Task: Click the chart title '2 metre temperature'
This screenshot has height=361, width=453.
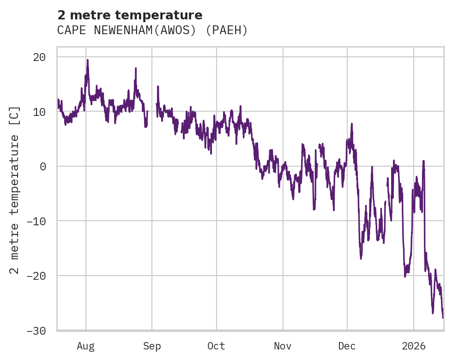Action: (130, 15)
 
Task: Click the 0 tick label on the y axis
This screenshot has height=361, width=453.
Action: (43, 166)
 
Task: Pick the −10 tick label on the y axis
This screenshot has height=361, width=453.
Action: (36, 221)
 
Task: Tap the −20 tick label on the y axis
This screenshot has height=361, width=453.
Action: (36, 276)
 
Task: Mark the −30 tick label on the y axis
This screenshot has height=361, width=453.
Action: (36, 331)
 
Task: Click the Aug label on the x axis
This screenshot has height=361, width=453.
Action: (86, 346)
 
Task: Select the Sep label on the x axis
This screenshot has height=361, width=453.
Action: (152, 346)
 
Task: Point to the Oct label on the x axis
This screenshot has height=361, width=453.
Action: (216, 346)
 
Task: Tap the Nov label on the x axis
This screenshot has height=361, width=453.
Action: (283, 346)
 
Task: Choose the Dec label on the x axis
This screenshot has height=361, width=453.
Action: (347, 346)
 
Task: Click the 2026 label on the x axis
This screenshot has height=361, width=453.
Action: (414, 346)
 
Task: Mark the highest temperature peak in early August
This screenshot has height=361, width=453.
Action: (87, 60)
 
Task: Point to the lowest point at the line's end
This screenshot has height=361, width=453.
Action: (442, 318)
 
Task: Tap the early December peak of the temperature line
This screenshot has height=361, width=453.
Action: (352, 124)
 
